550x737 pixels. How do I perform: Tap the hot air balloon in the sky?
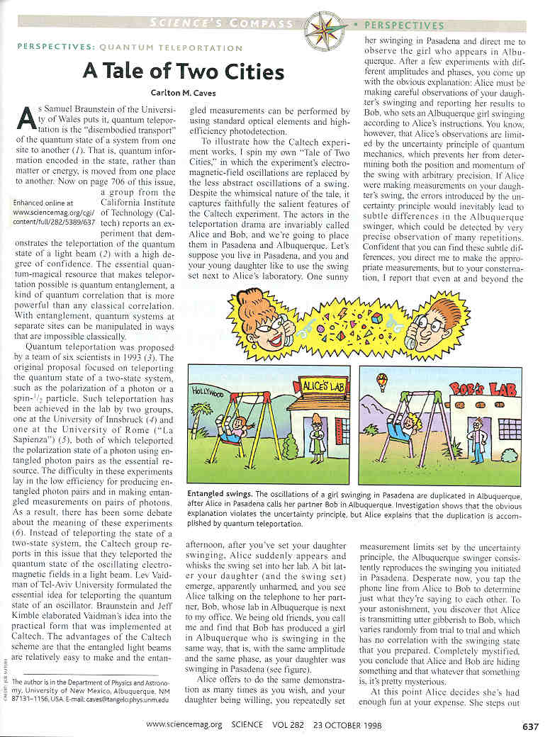(x=383, y=382)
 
